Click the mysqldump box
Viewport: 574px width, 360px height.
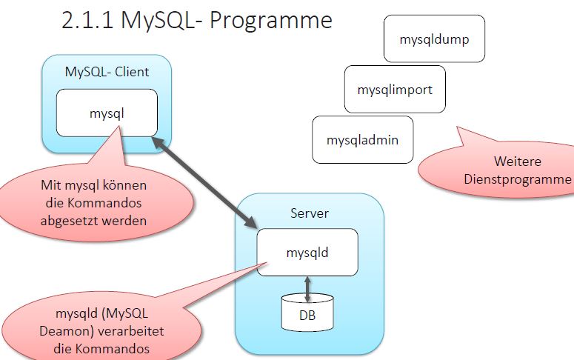[434, 39]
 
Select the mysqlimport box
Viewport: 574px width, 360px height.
[394, 90]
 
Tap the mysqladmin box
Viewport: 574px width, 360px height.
[363, 139]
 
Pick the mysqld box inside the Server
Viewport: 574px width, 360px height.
[307, 252]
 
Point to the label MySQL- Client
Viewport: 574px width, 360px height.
[107, 72]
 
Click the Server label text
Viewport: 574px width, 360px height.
[310, 213]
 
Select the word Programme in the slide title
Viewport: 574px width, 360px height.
[271, 20]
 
